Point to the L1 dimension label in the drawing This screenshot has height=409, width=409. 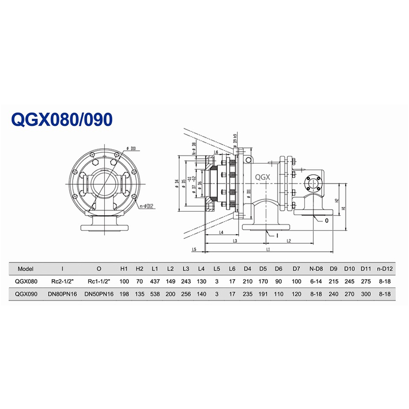[268, 249]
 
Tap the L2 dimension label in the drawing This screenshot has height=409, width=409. [288, 240]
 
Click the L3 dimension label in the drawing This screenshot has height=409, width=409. [234, 240]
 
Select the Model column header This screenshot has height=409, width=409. [26, 268]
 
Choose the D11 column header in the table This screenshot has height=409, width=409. [366, 268]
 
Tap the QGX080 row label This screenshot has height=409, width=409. [27, 281]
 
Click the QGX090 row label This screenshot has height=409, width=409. [27, 294]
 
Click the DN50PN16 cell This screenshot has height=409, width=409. [99, 294]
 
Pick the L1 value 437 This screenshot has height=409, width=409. [155, 281]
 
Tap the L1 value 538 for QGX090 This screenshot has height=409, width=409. [155, 294]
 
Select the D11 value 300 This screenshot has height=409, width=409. [366, 294]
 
